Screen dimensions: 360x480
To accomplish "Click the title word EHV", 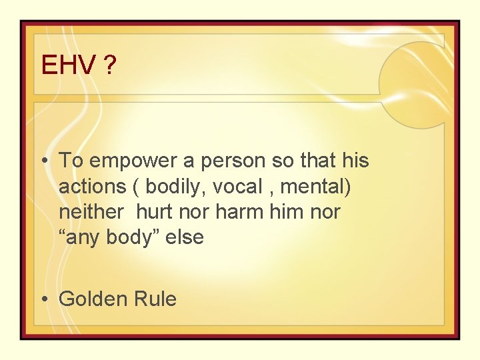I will point(69,65).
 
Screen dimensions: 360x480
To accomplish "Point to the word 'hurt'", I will point(155,212).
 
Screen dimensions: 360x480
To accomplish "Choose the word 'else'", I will point(185,237).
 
